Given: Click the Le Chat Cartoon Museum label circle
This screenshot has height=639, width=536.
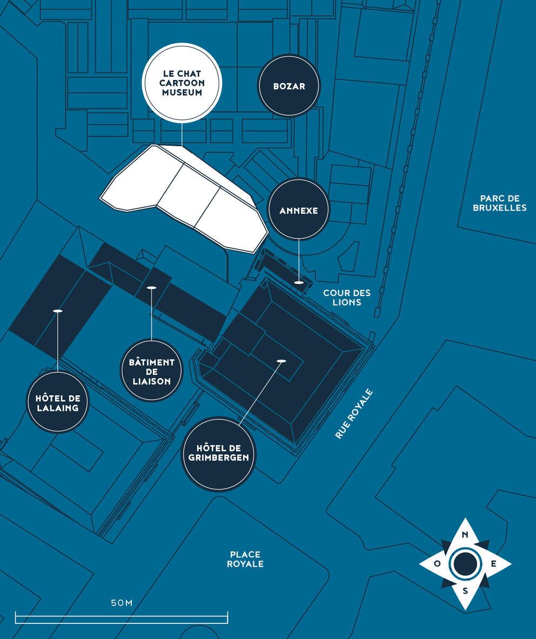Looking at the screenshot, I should coord(182,83).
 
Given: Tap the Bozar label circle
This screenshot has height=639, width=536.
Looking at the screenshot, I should coord(289,86).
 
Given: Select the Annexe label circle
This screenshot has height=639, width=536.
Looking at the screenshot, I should coord(298,210).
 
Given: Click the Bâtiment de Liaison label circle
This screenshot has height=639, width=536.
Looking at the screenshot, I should coord(152,371).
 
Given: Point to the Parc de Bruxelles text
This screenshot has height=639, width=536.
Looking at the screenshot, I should coord(499,203).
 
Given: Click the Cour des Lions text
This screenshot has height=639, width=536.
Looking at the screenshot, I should coord(347,297).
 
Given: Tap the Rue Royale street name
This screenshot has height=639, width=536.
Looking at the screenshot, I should coord(354,414).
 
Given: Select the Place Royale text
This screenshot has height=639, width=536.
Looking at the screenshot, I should coord(245,559).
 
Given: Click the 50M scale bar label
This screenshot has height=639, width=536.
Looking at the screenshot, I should coord(122,603).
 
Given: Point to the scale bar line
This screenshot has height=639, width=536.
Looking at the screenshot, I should coord(122,615).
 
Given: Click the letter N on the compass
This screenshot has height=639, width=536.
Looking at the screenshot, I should coord(464,535).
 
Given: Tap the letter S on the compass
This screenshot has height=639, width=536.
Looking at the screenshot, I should coord(465,591).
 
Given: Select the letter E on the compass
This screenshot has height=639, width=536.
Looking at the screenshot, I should coord(493,563).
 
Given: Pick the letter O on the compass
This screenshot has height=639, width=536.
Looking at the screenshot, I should coord(437,564).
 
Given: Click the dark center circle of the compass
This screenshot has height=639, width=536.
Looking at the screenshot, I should coord(465,563).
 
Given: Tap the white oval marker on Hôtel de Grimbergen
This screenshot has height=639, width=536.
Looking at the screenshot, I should coord(281,361).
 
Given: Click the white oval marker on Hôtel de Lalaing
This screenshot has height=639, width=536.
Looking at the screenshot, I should coord(58,311).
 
